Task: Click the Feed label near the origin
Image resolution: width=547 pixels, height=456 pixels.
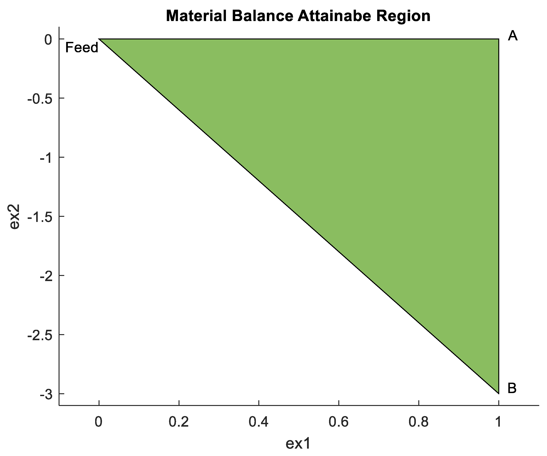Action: click(82, 48)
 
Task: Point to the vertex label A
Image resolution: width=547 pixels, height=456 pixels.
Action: click(513, 36)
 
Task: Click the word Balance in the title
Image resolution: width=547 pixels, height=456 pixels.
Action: click(262, 16)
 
